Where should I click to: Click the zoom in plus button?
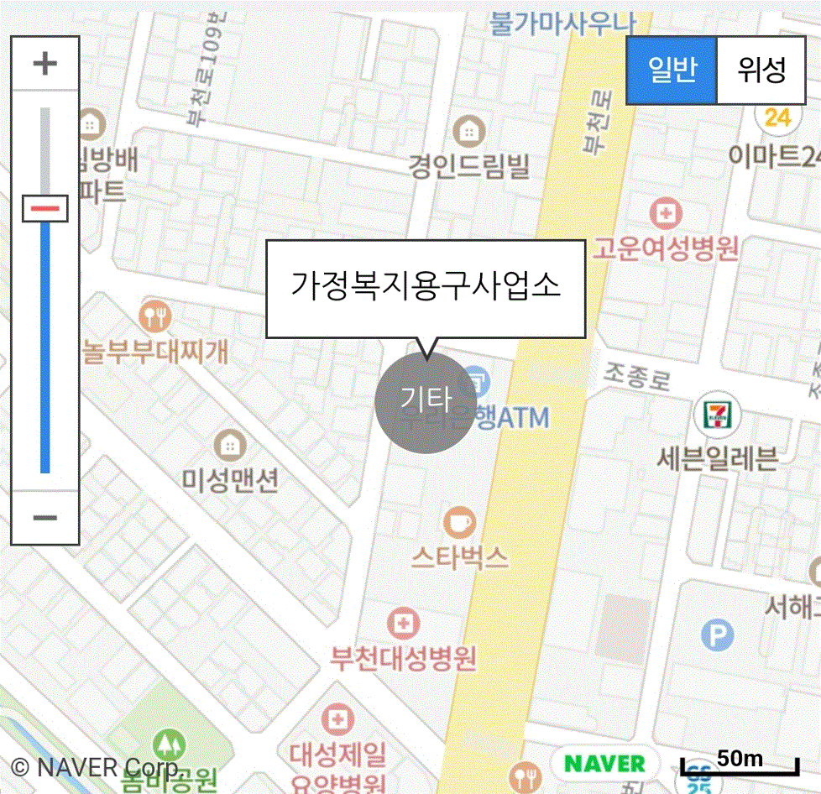point(45,64)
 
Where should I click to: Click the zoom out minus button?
point(45,517)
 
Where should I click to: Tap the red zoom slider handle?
point(45,207)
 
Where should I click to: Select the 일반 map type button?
point(672,71)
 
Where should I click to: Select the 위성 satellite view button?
point(761,71)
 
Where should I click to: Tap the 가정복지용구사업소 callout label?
point(425,288)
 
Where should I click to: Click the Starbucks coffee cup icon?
point(460,522)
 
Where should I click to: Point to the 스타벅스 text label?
point(460,556)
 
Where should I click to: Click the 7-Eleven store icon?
point(717,414)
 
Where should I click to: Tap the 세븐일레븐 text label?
point(717,458)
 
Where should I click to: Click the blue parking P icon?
point(717,635)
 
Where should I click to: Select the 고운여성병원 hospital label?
point(666,248)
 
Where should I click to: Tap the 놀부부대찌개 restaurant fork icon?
point(156,316)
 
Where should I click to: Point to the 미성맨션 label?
point(230,479)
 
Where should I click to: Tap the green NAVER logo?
point(604,763)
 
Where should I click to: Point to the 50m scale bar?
point(740,764)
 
